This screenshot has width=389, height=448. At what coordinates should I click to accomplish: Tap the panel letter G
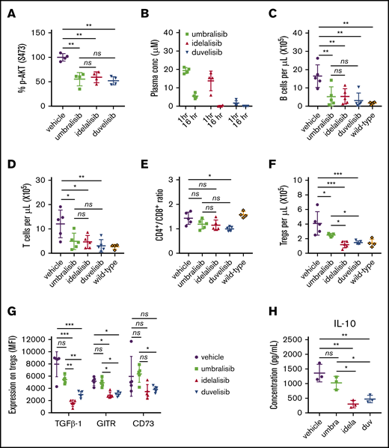point(10,309)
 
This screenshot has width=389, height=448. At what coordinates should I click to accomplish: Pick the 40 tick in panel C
point(290,32)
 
